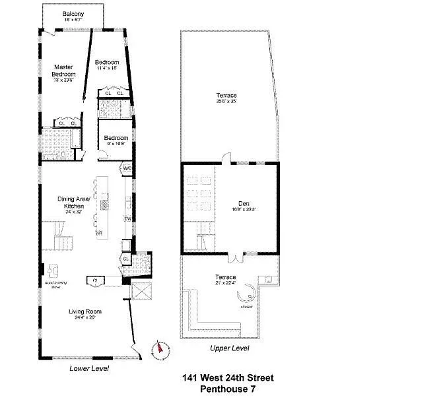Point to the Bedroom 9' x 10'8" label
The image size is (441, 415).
click(110, 140)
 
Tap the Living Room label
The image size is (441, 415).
click(85, 314)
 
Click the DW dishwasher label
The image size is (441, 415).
click(127, 219)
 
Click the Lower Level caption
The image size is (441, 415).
click(89, 368)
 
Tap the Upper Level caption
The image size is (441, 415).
click(229, 348)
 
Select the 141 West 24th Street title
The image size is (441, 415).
click(227, 378)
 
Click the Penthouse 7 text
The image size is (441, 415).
click(227, 389)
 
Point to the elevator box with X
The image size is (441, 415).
click(142, 291)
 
